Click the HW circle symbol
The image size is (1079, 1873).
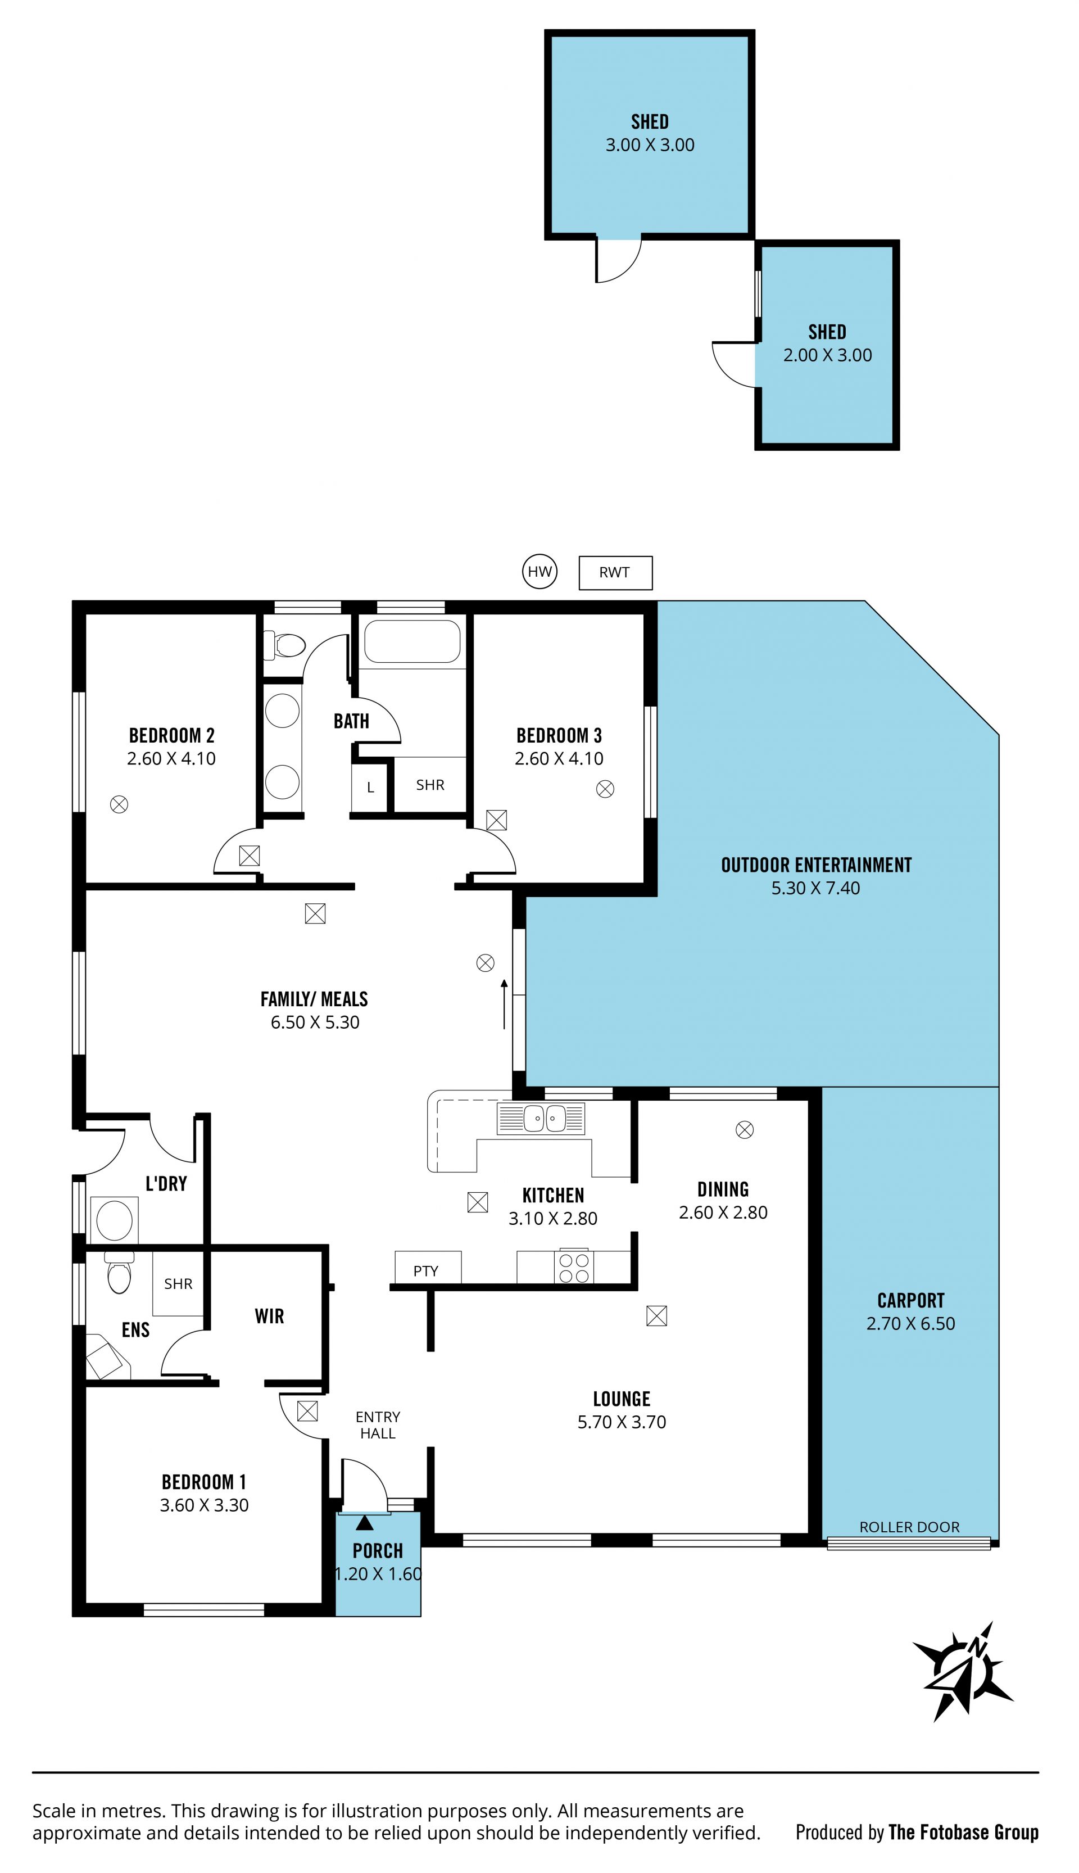539,572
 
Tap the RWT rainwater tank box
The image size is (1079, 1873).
615,572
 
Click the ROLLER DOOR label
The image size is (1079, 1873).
909,1527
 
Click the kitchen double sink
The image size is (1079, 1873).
541,1119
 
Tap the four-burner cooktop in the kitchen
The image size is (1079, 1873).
574,1268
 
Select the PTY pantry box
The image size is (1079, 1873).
428,1268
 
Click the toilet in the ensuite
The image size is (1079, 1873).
119,1272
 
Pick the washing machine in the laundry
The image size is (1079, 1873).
114,1220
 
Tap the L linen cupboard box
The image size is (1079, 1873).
370,786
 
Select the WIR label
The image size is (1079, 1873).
269,1316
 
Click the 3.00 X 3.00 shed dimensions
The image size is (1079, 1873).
650,144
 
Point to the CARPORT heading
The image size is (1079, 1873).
911,1301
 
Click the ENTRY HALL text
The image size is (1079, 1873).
378,1426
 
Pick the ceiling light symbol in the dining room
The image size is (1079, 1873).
745,1129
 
